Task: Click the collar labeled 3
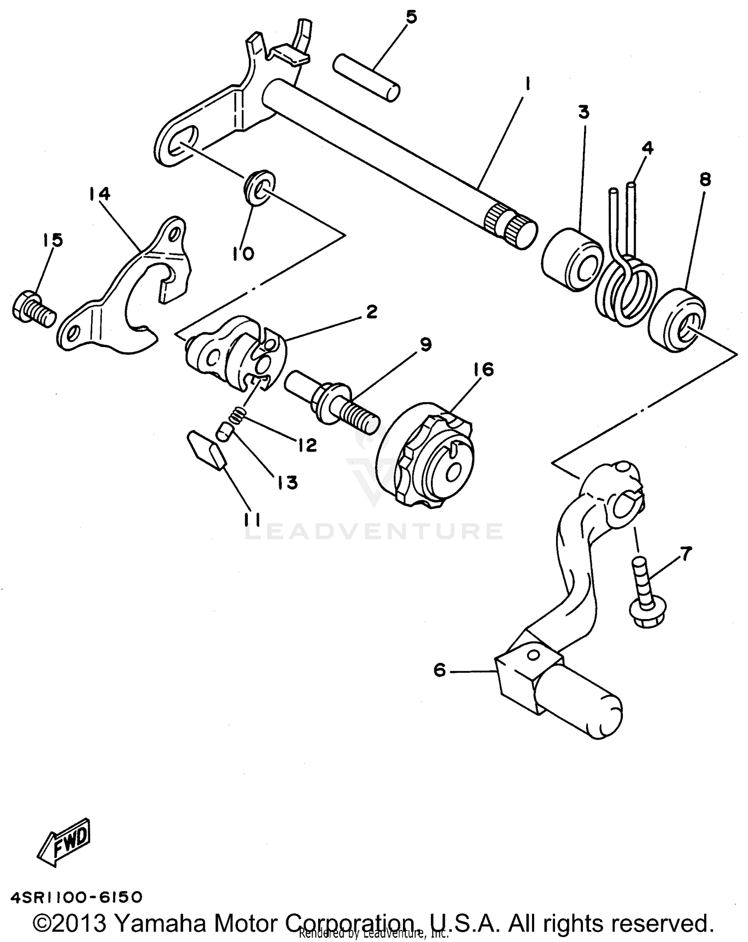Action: pyautogui.click(x=571, y=259)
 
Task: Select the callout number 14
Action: pyautogui.click(x=100, y=193)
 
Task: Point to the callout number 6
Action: pyautogui.click(x=439, y=670)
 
